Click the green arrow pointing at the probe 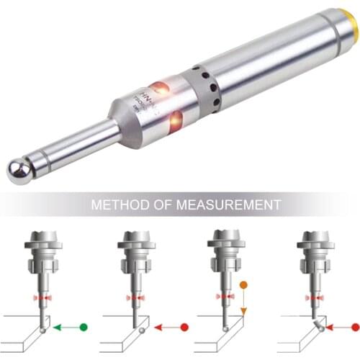point(64,327)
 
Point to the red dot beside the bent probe point(355,327)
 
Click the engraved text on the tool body point(142,100)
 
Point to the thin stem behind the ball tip point(72,147)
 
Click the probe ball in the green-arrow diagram point(45,328)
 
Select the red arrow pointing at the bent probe point(338,327)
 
